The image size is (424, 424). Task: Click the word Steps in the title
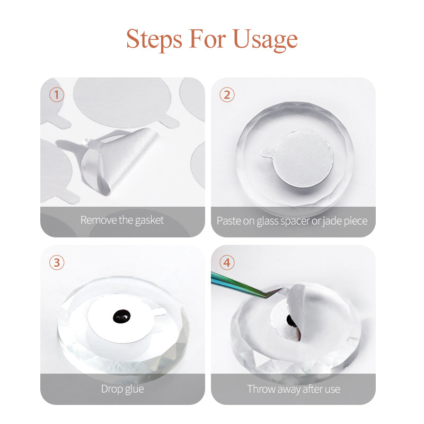pyautogui.click(x=154, y=39)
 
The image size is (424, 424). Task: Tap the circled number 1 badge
pyautogui.click(x=57, y=95)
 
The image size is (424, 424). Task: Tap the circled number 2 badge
pyautogui.click(x=227, y=95)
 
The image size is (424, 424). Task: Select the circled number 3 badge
pyautogui.click(x=57, y=262)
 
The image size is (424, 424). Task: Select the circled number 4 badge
pyautogui.click(x=227, y=262)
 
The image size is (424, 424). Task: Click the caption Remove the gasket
pyautogui.click(x=122, y=220)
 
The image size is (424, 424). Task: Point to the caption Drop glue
pyautogui.click(x=122, y=388)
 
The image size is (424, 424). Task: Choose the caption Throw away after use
pyautogui.click(x=293, y=388)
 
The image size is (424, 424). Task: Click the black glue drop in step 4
pyautogui.click(x=291, y=321)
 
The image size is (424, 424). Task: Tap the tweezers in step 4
pyautogui.click(x=241, y=284)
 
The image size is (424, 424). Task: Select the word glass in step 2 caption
pyautogui.click(x=268, y=220)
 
